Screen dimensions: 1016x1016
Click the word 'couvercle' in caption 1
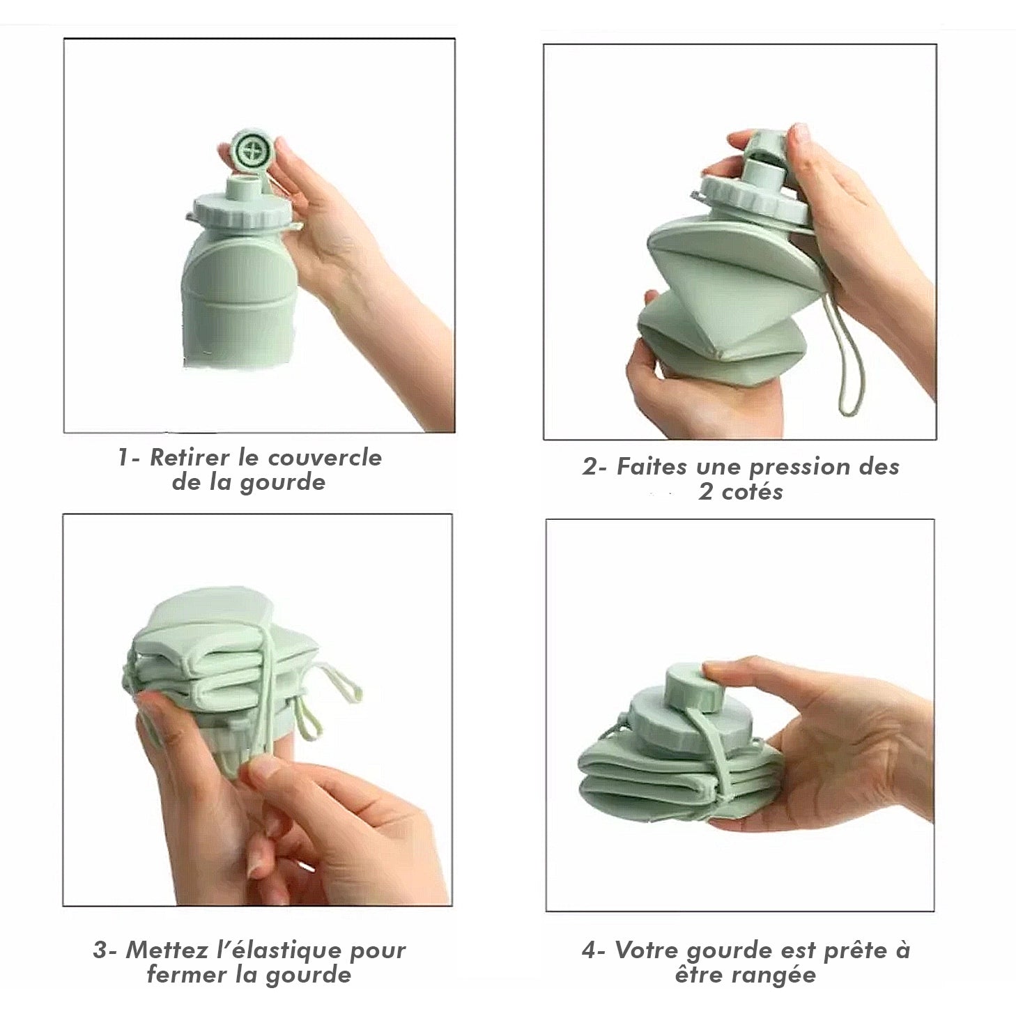[x=325, y=457]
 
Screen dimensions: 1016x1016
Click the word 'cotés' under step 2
[x=753, y=492]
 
